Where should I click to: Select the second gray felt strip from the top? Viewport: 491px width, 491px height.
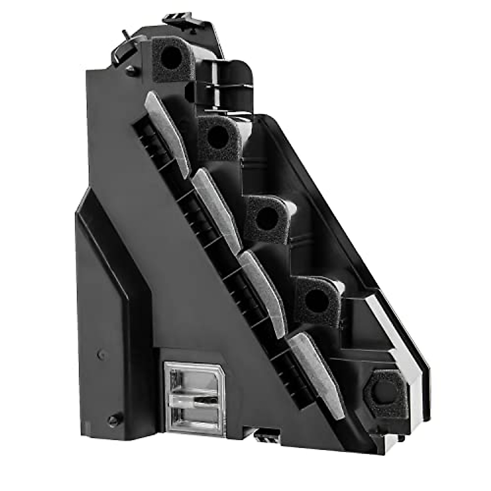[217, 209]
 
